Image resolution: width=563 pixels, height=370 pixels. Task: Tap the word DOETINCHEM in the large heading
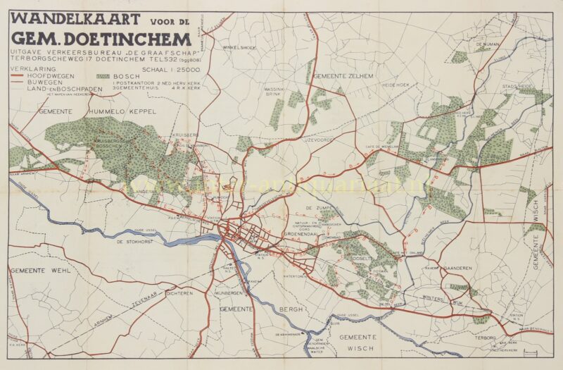[x=126, y=38]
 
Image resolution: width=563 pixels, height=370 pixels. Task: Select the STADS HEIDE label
[x=517, y=87]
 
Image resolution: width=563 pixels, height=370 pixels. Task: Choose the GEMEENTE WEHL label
[x=33, y=270]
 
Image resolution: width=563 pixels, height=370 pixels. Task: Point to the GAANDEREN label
[x=457, y=269]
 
